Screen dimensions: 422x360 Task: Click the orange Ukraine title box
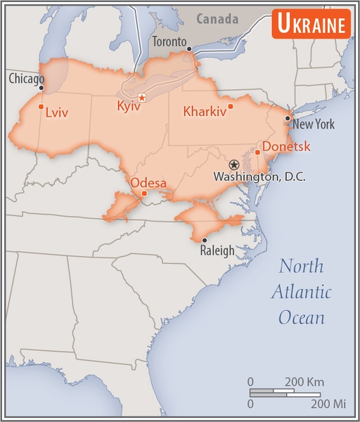pyautogui.click(x=311, y=25)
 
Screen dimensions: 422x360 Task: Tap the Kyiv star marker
pyautogui.click(x=142, y=97)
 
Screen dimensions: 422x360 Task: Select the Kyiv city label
pyautogui.click(x=129, y=107)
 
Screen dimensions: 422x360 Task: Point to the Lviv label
pyautogui.click(x=56, y=112)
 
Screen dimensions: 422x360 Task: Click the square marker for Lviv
pyautogui.click(x=41, y=107)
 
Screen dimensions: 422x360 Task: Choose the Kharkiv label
pyautogui.click(x=204, y=111)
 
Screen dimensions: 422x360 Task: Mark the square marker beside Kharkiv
pyautogui.click(x=231, y=106)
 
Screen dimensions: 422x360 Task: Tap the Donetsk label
pyautogui.click(x=286, y=147)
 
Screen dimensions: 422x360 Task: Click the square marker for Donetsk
pyautogui.click(x=258, y=152)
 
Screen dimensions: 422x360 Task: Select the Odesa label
pyautogui.click(x=148, y=184)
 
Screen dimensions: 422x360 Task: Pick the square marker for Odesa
pyautogui.click(x=144, y=193)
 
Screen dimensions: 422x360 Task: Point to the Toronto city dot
pyautogui.click(x=189, y=49)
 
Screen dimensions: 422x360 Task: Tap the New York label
pyautogui.click(x=314, y=124)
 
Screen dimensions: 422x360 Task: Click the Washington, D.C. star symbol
pyautogui.click(x=234, y=164)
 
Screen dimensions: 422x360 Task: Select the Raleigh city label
pyautogui.click(x=217, y=250)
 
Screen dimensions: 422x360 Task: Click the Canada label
pyautogui.click(x=217, y=19)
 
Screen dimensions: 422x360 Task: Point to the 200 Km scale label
pyautogui.click(x=304, y=381)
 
